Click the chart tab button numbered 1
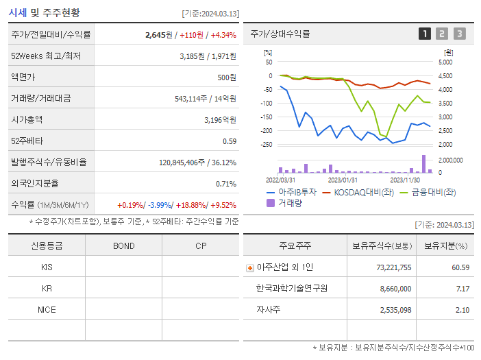click(425, 34)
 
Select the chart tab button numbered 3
click(459, 34)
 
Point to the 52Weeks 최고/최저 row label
click(46, 56)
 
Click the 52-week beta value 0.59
click(229, 141)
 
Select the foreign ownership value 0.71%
click(226, 183)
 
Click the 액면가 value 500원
click(226, 77)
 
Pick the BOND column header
click(123, 245)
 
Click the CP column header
click(200, 245)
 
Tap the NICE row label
click(47, 309)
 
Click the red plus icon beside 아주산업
click(250, 267)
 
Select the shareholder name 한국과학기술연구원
click(291, 288)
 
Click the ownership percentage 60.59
click(460, 267)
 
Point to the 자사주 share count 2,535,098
click(391, 309)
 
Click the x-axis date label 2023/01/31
click(343, 180)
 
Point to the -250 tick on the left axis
click(266, 145)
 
